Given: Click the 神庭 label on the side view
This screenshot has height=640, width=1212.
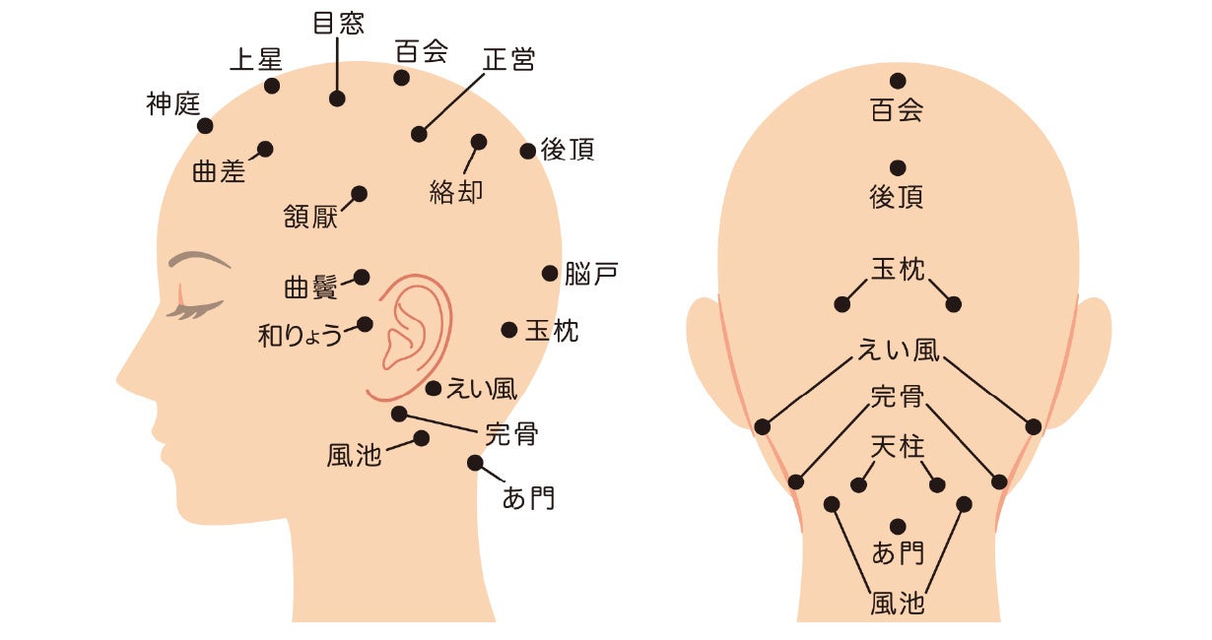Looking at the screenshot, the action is click(173, 103).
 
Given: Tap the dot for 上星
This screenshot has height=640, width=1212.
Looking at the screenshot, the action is click(272, 86).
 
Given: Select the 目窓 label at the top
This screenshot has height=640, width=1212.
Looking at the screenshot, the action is click(338, 24).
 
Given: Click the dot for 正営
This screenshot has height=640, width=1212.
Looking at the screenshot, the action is click(420, 134).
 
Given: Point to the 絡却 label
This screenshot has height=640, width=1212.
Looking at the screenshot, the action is click(456, 191).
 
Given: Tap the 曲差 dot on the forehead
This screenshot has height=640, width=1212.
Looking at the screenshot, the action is click(265, 149).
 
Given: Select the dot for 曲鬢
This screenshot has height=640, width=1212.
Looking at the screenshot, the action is click(362, 277).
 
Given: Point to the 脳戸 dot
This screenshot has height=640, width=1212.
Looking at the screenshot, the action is click(550, 273).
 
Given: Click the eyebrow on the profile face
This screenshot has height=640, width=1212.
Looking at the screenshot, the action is click(197, 260).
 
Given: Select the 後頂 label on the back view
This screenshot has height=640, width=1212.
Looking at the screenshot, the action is click(897, 198).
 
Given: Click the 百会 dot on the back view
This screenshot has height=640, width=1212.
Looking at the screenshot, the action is click(897, 81).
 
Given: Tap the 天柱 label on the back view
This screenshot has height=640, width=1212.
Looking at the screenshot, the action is click(897, 448).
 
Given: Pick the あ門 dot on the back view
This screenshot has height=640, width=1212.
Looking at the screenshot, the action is click(897, 526).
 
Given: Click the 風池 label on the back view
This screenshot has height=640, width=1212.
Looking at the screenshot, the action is click(897, 602).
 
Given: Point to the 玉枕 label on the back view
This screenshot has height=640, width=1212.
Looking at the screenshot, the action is click(897, 269).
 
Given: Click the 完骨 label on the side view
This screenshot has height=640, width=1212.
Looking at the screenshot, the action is click(511, 433).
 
